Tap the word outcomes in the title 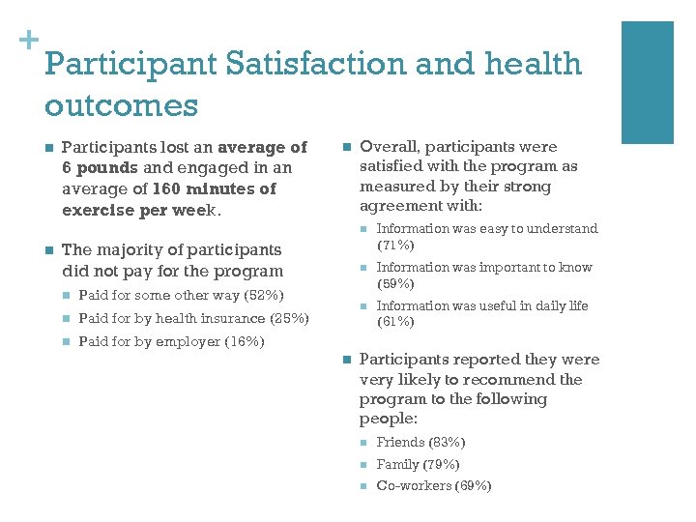(121, 104)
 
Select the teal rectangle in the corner (647, 82)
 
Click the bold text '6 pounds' (95, 168)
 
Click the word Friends (399, 442)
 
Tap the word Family (397, 464)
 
